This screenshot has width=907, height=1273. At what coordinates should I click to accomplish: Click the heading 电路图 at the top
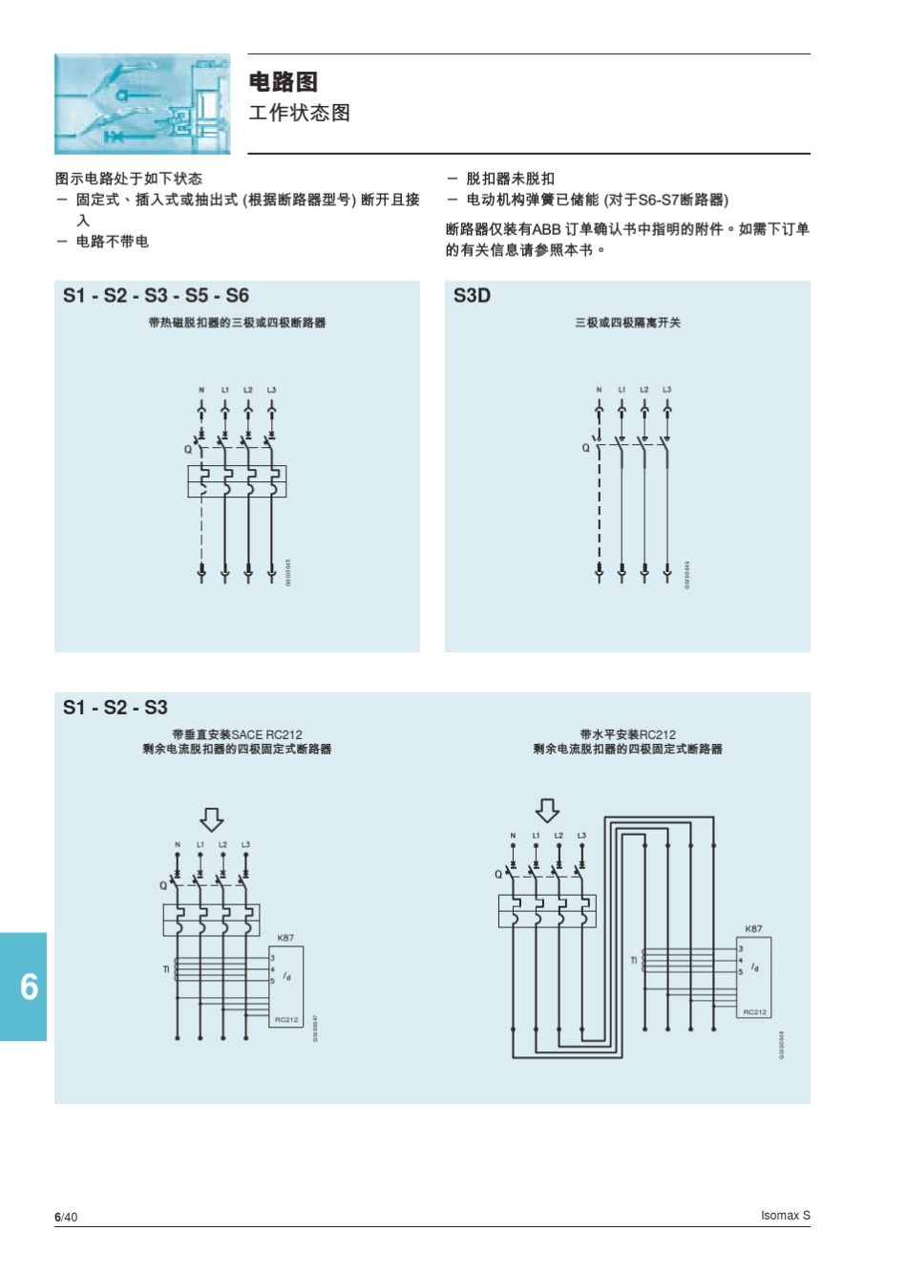click(283, 82)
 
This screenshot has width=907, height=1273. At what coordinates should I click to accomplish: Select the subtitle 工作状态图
click(299, 113)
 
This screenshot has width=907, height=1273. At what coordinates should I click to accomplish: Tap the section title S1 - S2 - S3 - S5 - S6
click(156, 295)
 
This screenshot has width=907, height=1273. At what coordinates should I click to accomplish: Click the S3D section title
click(472, 295)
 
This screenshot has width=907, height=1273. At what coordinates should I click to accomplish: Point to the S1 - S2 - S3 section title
click(115, 708)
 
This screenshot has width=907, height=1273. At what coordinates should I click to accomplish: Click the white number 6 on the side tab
click(29, 987)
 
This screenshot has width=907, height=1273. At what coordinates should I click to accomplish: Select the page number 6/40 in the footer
click(66, 1217)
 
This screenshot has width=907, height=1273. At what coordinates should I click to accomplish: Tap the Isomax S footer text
click(785, 1216)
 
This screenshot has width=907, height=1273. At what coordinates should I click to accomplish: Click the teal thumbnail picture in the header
click(142, 104)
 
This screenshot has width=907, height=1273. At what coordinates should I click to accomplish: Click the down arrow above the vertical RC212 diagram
click(211, 819)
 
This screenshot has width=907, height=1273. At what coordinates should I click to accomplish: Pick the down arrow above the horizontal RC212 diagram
click(547, 811)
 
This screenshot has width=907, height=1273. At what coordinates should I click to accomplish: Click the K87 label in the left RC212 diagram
click(285, 938)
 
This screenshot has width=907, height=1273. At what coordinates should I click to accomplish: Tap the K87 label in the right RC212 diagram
click(753, 928)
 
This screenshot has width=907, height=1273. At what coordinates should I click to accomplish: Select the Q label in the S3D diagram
click(585, 448)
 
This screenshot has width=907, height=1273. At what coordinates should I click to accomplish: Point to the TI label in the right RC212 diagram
click(633, 960)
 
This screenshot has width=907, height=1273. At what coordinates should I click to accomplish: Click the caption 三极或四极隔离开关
click(627, 323)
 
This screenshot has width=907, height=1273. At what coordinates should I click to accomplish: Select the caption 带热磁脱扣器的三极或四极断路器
click(237, 323)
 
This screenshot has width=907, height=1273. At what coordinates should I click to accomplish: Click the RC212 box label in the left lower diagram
click(286, 1020)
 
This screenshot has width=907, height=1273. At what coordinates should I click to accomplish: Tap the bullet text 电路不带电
click(112, 242)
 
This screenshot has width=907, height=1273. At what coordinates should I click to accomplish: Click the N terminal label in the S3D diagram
click(599, 390)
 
